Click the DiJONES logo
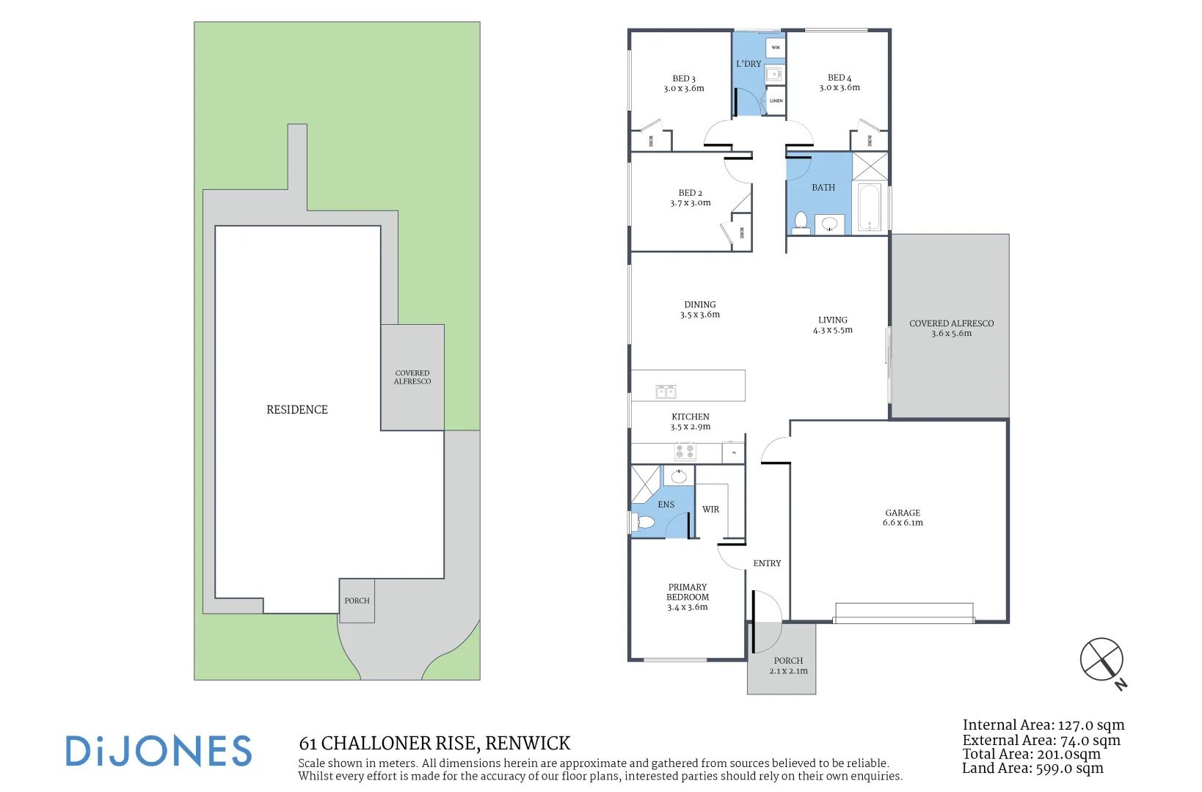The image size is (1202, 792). pos(159,752)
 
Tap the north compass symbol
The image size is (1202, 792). pos(1101,659)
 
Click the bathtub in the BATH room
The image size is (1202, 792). pos(870,207)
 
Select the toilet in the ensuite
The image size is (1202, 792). pos(645,522)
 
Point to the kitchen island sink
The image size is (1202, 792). pos(666,392)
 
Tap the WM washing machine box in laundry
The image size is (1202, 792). pos(776,48)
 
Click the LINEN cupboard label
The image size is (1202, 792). pos(776,100)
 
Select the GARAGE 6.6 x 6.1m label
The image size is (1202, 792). pos(903,518)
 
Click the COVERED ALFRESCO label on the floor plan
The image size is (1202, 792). pos(951,328)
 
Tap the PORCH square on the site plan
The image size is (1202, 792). pos(357,601)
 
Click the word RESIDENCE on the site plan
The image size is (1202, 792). pos(297,409)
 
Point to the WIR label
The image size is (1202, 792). pos(710,509)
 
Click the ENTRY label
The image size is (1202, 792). pos(767,563)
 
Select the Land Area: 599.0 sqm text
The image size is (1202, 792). pos(1032,769)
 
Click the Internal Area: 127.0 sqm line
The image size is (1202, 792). pos(1043,725)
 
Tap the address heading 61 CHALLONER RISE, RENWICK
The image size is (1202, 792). pos(434,744)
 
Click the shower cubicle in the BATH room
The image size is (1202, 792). pos(870,166)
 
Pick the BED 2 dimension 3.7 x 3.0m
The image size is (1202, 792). pos(690,203)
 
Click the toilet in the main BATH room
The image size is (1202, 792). pos(801,221)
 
